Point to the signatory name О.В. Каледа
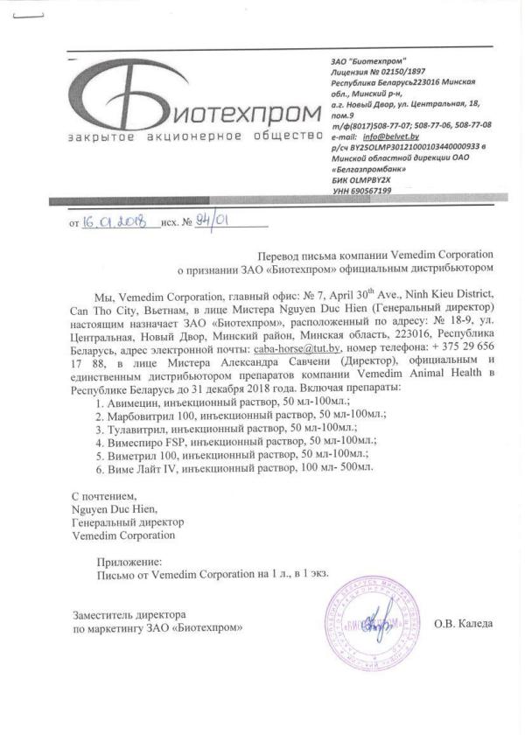point(463,623)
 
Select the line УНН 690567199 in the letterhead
point(361,190)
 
